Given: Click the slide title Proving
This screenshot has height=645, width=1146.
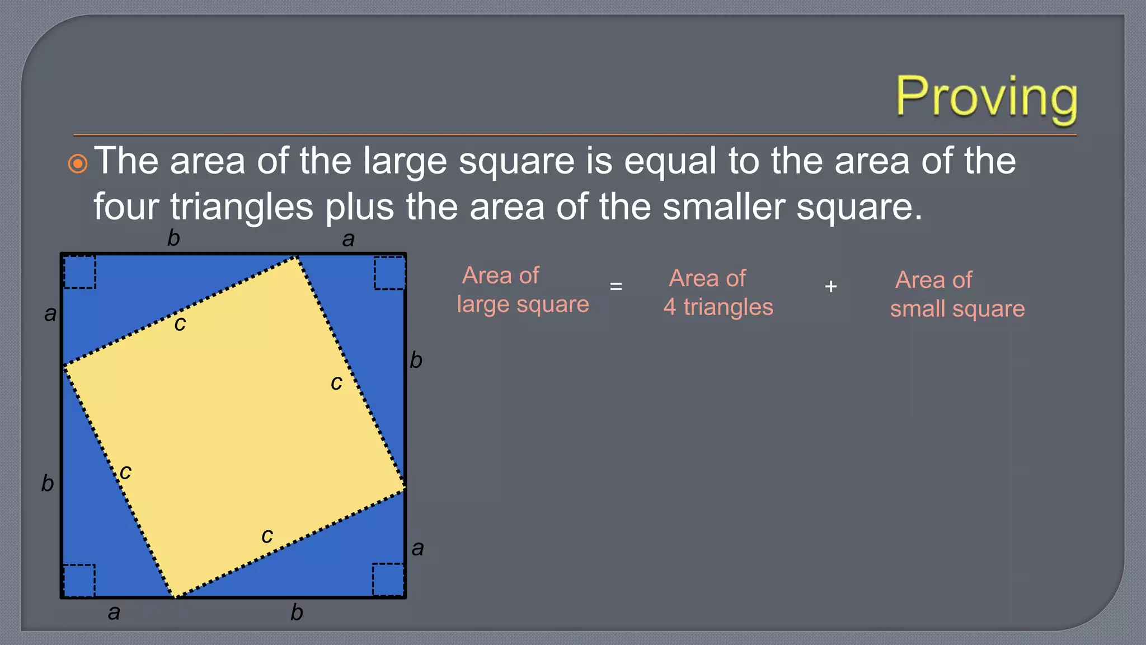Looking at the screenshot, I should click(x=986, y=98).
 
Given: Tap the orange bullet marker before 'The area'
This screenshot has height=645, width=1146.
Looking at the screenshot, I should click(x=78, y=164).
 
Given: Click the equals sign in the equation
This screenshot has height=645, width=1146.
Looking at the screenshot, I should click(x=616, y=287).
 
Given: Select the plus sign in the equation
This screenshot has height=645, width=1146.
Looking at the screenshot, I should click(x=831, y=287).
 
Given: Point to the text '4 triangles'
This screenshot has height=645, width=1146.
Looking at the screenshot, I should click(x=718, y=307).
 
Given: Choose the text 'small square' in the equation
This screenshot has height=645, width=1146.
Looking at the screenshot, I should click(x=957, y=309).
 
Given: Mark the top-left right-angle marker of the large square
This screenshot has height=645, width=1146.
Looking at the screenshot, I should click(x=79, y=272).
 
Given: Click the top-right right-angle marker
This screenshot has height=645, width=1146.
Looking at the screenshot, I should click(x=389, y=273).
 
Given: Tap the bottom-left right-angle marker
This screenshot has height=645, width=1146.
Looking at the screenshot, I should click(x=79, y=580).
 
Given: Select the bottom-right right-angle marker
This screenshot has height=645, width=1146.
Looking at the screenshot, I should click(x=388, y=579).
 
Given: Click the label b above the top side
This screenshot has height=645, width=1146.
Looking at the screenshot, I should click(x=173, y=239).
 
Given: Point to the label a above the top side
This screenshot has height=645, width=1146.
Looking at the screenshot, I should click(x=348, y=240).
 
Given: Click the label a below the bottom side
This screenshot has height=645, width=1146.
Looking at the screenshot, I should click(x=114, y=613).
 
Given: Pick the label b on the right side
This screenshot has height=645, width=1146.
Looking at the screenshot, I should click(x=416, y=360).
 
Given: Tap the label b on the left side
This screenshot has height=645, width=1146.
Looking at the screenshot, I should click(x=48, y=483).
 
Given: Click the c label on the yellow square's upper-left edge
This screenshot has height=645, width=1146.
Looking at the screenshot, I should click(x=180, y=324).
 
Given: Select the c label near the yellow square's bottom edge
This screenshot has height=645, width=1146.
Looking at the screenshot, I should click(x=267, y=536).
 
